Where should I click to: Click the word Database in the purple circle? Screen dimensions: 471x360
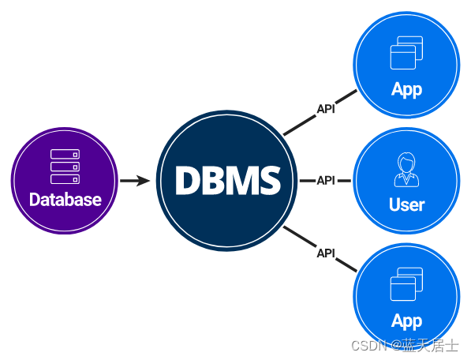(x=65, y=200)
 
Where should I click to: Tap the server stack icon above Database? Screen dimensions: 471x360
(x=65, y=167)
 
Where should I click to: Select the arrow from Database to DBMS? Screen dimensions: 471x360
(x=135, y=181)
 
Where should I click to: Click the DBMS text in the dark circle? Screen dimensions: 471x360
(x=228, y=180)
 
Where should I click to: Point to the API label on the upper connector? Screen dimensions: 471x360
(x=326, y=109)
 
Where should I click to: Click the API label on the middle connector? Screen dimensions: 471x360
(x=326, y=181)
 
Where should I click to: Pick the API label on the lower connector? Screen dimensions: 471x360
(x=326, y=253)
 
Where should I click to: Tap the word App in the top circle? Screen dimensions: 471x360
(x=407, y=90)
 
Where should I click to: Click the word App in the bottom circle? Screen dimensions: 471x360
(x=407, y=321)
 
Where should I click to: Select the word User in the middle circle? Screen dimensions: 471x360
(x=407, y=204)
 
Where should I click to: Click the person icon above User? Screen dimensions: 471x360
(x=406, y=170)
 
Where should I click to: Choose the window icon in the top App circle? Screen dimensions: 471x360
(x=406, y=53)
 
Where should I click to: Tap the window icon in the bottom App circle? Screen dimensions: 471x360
(x=406, y=284)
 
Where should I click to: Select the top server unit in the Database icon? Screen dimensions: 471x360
(x=65, y=154)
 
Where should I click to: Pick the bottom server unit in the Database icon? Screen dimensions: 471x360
(x=65, y=179)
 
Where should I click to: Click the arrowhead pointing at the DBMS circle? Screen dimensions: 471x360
(x=143, y=181)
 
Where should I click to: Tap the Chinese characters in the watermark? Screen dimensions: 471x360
(x=431, y=346)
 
